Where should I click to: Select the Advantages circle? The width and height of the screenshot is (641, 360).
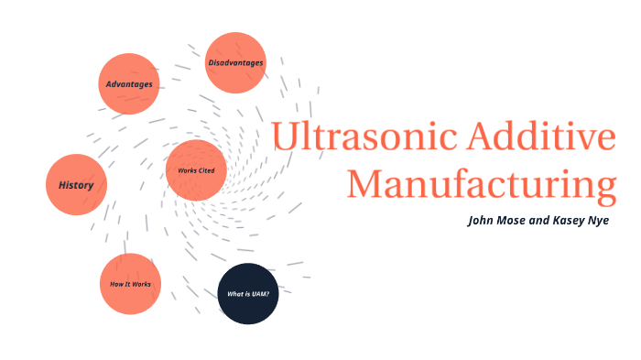129,83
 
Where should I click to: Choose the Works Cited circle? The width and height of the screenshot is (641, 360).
196,170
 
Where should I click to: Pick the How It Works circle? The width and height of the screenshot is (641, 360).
130,283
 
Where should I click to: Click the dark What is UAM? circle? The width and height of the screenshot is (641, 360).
248,293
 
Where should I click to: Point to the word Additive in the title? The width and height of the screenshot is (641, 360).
540,136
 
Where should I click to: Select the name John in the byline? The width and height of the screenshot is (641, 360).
482,221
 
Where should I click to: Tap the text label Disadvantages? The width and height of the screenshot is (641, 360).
235,62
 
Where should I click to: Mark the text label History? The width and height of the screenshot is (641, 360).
76,185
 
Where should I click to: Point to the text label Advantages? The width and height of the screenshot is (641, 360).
129,83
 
